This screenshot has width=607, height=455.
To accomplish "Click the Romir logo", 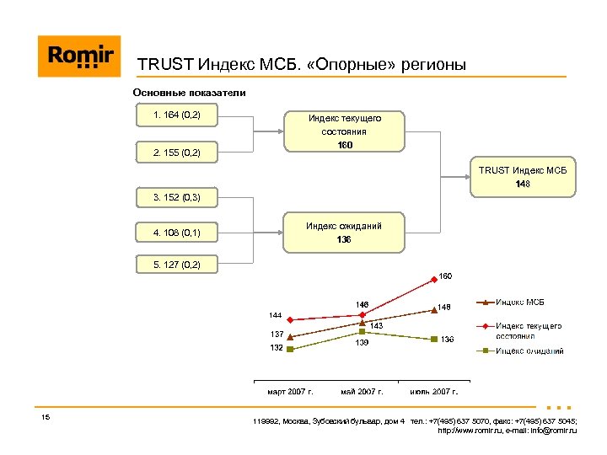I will click(x=79, y=56).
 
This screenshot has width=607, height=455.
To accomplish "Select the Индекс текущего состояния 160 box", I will click(x=344, y=132).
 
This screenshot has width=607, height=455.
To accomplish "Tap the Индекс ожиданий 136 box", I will click(x=344, y=233).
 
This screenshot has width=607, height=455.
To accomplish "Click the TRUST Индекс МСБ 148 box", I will click(x=524, y=177).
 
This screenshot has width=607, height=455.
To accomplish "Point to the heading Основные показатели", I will click(x=190, y=93).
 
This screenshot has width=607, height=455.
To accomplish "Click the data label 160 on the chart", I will click(x=445, y=276).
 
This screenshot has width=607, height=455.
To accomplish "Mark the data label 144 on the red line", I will click(x=276, y=314).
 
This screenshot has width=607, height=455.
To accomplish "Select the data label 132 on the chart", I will click(x=276, y=348).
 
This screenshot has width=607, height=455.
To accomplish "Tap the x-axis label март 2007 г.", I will click(x=290, y=391).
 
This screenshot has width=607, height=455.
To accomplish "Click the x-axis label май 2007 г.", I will click(x=362, y=391).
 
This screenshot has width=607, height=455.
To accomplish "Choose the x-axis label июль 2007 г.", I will click(x=433, y=391).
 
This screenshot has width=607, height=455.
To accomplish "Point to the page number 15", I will click(x=46, y=419).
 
